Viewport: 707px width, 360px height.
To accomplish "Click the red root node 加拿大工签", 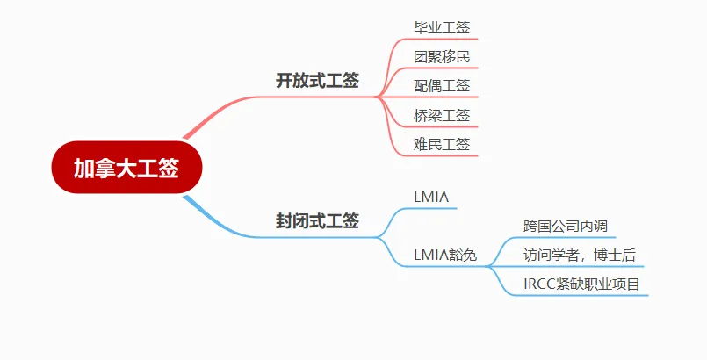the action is [x=126, y=168].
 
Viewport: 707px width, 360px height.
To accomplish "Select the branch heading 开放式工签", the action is [x=317, y=81].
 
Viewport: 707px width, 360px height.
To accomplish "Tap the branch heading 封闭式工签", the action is [x=317, y=220].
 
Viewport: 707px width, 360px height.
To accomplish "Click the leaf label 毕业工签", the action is [x=442, y=27].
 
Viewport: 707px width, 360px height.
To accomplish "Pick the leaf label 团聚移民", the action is [x=442, y=57].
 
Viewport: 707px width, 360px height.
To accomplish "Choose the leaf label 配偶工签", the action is [x=442, y=85].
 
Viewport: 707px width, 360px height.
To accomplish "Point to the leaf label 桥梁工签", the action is [x=442, y=115].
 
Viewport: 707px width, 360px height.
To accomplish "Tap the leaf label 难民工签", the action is [x=442, y=144].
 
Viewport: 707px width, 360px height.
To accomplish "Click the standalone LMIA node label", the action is [x=431, y=197].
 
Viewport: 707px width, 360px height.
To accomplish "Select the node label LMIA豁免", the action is [x=445, y=256].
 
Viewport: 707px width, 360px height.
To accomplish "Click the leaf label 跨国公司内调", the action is [x=566, y=226].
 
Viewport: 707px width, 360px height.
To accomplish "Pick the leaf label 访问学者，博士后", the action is [x=580, y=255].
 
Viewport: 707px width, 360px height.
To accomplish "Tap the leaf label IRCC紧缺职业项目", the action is [x=581, y=284].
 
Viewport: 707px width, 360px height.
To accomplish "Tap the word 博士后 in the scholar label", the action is [x=615, y=255].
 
